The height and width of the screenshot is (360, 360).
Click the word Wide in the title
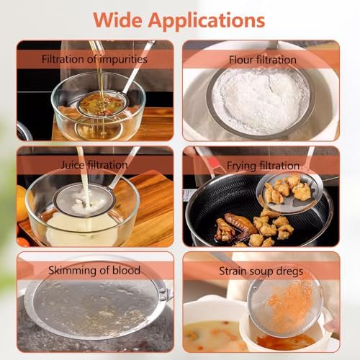pyautogui.click(x=117, y=20)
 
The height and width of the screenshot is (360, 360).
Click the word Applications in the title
pyautogui.click(x=207, y=22)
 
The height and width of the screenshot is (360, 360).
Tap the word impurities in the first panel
pyautogui.click(x=123, y=60)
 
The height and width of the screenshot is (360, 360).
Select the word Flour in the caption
pyautogui.click(x=240, y=60)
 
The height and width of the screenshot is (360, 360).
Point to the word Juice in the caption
pyautogui.click(x=73, y=165)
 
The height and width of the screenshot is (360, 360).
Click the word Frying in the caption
pyautogui.click(x=241, y=166)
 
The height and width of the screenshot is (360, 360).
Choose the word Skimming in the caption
pyautogui.click(x=73, y=271)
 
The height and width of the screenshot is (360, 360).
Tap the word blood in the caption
pyautogui.click(x=127, y=270)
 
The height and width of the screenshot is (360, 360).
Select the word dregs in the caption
pyautogui.click(x=289, y=271)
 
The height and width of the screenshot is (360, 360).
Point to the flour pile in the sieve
pyautogui.click(x=261, y=101)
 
